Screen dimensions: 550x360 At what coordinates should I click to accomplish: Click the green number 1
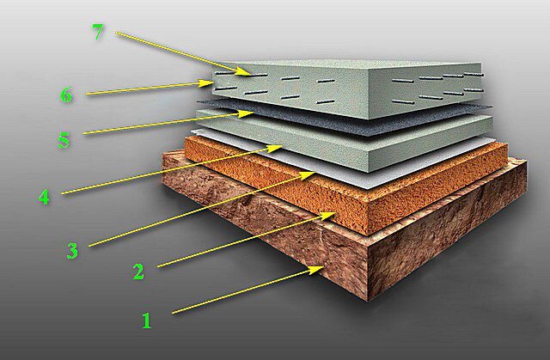tap(147, 320)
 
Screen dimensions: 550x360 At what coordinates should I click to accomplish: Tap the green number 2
tap(138, 272)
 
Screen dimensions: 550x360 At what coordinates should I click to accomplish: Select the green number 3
tap(72, 251)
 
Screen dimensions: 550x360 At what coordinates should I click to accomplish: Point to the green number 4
tap(44, 197)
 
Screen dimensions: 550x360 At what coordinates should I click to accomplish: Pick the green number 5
tap(64, 140)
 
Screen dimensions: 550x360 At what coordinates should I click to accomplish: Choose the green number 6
tap(66, 95)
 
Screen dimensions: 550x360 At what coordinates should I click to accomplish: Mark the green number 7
tap(98, 32)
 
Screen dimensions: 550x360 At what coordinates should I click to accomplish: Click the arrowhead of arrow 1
tap(316, 269)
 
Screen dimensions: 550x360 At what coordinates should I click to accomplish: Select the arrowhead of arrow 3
tap(308, 174)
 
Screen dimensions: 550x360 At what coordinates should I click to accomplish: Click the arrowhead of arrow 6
tap(206, 83)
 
